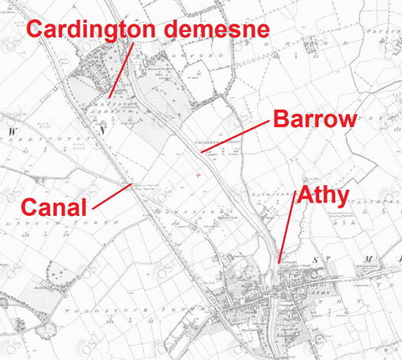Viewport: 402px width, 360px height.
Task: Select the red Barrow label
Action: point(314,118)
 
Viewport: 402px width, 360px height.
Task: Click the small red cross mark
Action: point(198,174)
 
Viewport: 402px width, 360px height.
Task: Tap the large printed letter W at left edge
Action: point(13,131)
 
